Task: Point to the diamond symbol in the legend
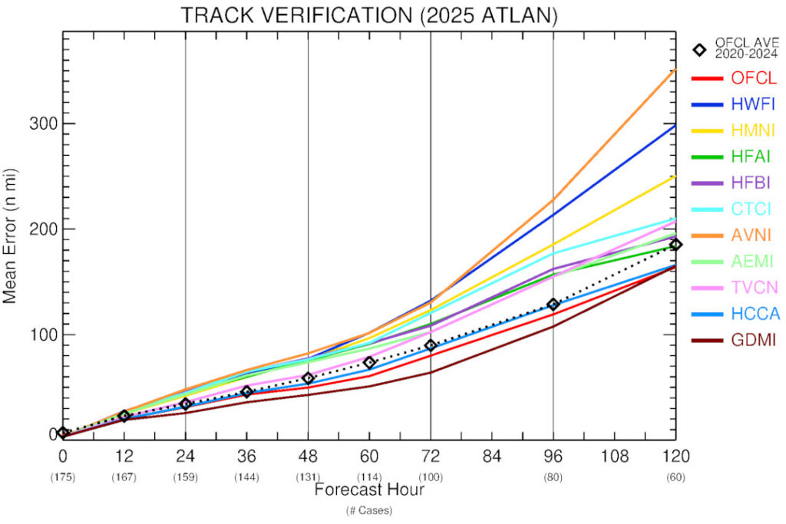[x=699, y=50]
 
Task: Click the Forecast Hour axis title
[x=368, y=489]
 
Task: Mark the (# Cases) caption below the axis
[x=368, y=509]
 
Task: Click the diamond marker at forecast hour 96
[x=553, y=305]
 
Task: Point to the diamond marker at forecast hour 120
[x=675, y=245]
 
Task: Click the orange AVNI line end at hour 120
[x=675, y=70]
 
